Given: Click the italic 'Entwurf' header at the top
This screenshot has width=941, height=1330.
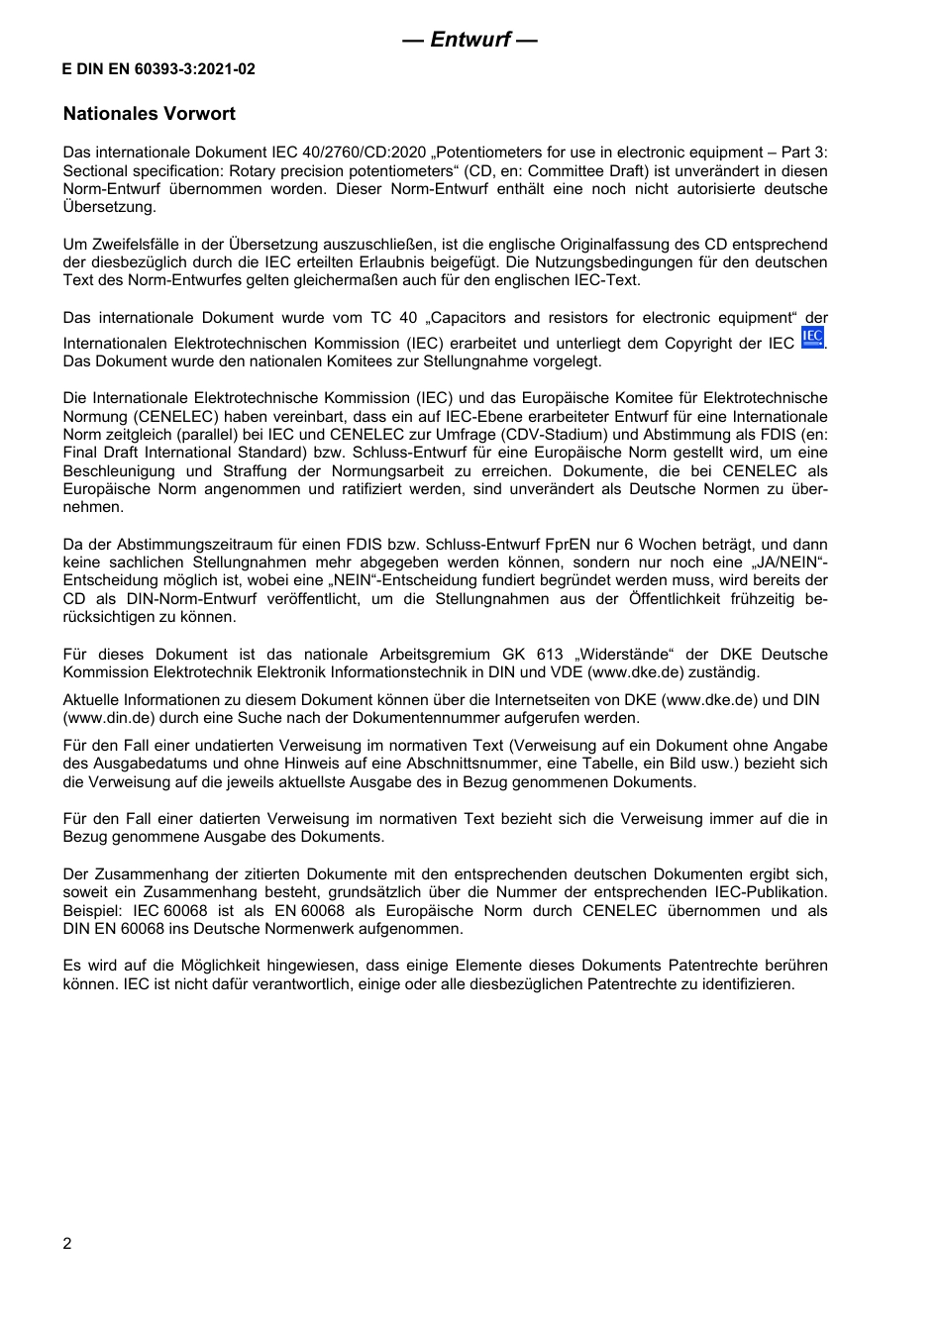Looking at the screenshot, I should (470, 40).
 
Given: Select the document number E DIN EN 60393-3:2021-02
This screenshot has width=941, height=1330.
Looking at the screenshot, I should (158, 69).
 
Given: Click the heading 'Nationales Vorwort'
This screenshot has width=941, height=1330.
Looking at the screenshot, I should (149, 114).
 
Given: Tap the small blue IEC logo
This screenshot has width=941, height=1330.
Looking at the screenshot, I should (812, 339).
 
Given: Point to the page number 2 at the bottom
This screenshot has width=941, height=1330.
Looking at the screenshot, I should (67, 1244).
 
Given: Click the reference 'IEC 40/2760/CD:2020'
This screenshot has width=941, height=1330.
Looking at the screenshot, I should (349, 153).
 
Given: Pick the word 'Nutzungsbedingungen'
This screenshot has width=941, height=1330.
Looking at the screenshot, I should (645, 262).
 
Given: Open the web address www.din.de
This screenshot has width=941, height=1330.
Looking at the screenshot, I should (108, 718).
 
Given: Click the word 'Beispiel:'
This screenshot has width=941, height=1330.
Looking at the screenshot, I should (93, 911).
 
